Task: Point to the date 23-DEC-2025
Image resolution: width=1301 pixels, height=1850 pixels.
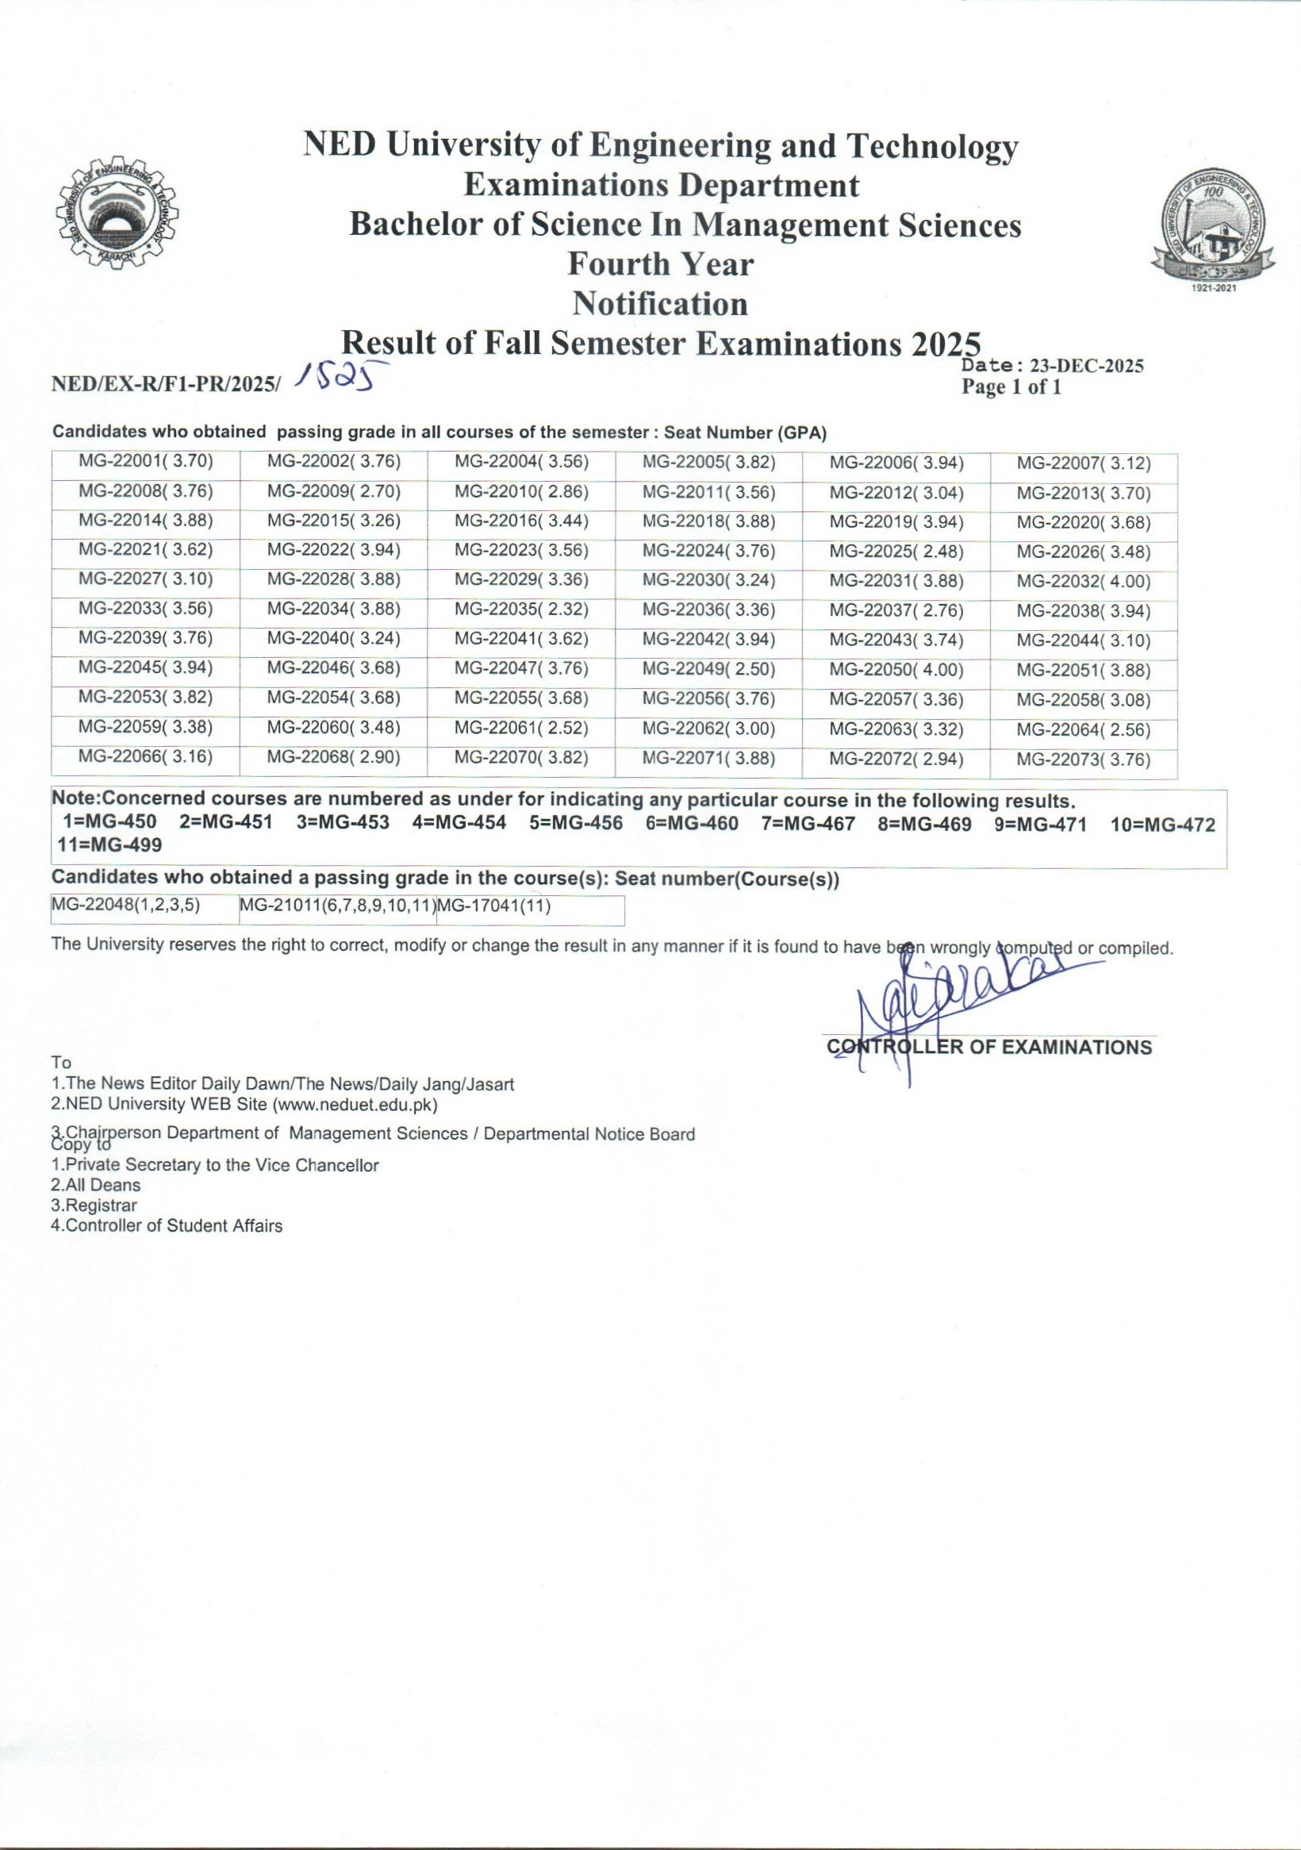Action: (x=1087, y=366)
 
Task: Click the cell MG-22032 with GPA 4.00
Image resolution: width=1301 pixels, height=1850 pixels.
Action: (x=1083, y=582)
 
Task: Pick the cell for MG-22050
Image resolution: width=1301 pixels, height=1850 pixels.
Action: (x=896, y=671)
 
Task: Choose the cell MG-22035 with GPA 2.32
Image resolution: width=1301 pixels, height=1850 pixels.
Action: (x=521, y=610)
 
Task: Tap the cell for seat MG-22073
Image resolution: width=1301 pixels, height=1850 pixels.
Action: (x=1083, y=760)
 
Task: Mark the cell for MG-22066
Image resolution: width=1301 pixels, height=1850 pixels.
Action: (x=146, y=757)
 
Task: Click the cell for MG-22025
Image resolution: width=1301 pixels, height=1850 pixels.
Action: (x=896, y=552)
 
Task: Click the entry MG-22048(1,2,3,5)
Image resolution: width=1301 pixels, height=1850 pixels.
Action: (x=125, y=906)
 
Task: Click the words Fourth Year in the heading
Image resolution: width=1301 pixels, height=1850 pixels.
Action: (x=661, y=263)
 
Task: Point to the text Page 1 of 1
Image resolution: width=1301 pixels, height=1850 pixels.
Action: (x=1011, y=387)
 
